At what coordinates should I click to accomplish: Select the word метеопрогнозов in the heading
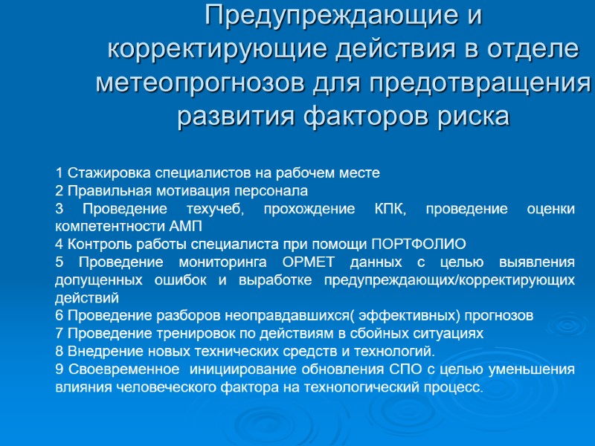193,83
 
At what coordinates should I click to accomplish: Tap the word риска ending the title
474,117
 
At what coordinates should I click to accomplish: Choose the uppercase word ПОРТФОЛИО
418,244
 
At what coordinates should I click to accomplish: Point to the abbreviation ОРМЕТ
311,262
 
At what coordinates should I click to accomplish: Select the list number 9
59,369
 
